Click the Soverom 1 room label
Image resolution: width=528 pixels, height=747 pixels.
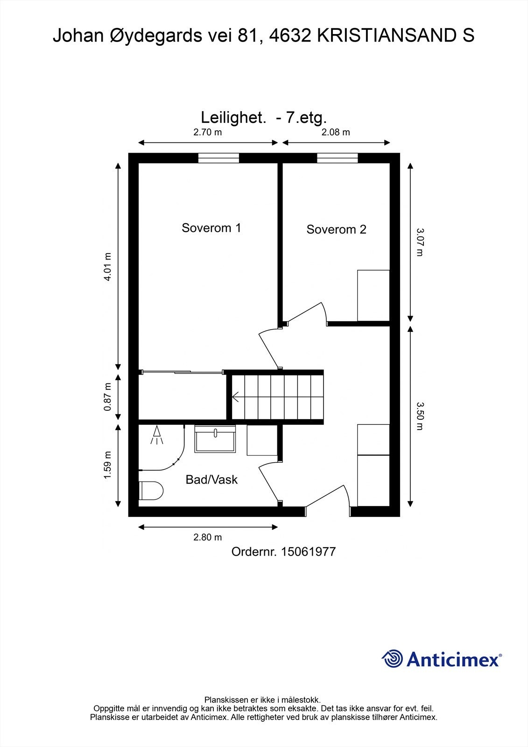[211, 228]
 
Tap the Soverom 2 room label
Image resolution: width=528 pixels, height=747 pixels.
[336, 229]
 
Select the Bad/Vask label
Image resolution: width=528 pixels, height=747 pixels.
[211, 479]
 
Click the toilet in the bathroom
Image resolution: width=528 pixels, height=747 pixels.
[151, 491]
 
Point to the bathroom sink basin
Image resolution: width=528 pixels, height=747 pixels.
[215, 439]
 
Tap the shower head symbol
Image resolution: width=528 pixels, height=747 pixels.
[157, 435]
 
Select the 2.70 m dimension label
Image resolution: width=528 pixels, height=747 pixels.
[207, 133]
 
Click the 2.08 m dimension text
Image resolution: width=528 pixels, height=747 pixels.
[336, 133]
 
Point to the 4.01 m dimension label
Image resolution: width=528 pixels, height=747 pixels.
[107, 267]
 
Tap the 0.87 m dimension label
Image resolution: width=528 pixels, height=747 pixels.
[107, 397]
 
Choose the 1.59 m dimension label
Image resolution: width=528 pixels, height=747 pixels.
[107, 465]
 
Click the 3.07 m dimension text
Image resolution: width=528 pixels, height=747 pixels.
[420, 242]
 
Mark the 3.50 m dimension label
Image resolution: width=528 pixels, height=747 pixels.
[420, 416]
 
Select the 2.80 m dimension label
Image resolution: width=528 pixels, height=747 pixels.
[207, 537]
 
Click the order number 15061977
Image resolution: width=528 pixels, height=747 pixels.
[308, 551]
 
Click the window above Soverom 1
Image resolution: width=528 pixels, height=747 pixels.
[218, 158]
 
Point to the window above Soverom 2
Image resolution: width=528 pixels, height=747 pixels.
[337, 158]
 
